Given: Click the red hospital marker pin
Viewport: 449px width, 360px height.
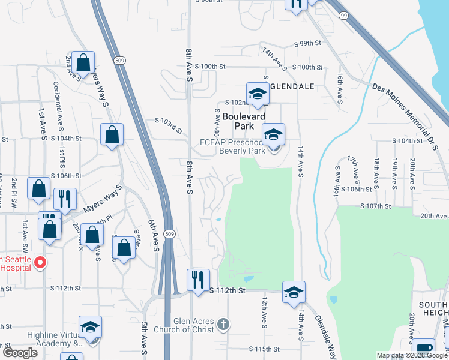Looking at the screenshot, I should (40, 262).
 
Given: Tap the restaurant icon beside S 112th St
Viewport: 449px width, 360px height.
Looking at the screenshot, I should (198, 280).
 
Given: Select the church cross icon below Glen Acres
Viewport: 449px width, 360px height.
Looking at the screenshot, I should (223, 325).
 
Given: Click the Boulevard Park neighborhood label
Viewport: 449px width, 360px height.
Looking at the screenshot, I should (244, 117).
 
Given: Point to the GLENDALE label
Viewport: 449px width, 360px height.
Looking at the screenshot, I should (292, 86).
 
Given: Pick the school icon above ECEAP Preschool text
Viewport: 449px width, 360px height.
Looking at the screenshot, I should (273, 134).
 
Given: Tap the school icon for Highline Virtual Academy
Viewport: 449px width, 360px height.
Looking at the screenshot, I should (90, 327).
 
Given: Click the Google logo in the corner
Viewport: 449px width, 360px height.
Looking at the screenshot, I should (19, 353).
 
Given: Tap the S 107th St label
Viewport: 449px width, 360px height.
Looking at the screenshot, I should (375, 206).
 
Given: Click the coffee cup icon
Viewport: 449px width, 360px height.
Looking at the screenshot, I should (423, 348).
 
